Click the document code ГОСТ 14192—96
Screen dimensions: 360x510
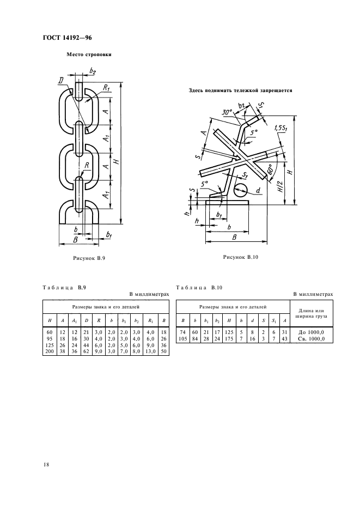[68, 38]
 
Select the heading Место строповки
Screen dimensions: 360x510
[89, 54]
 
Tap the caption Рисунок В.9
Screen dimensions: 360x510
[89, 259]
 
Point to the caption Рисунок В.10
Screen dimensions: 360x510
[240, 257]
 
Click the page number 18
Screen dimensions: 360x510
[46, 464]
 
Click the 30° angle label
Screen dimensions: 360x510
[228, 113]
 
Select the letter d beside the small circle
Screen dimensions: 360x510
[258, 190]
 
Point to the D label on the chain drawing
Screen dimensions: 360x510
[60, 80]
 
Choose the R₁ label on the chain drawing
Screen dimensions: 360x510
[106, 88]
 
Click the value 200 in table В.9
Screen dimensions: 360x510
[50, 351]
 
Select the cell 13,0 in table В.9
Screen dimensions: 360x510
[150, 351]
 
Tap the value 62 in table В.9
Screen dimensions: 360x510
[86, 351]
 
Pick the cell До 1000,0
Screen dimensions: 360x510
[311, 332]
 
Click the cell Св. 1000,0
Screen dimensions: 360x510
[311, 338]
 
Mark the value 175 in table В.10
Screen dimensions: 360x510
[229, 338]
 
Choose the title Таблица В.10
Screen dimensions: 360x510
[199, 288]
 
